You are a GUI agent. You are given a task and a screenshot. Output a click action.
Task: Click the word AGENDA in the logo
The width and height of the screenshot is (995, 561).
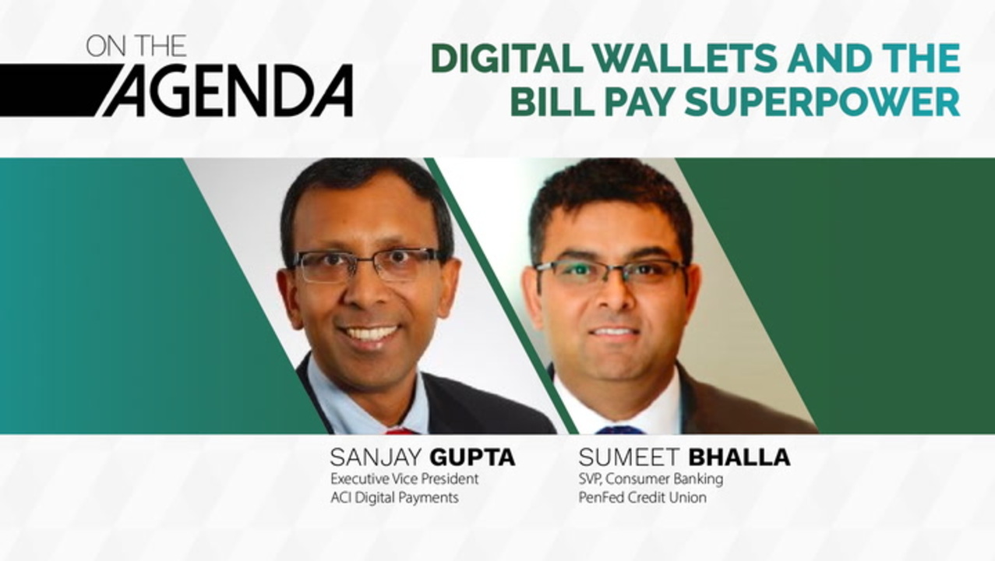(229, 90)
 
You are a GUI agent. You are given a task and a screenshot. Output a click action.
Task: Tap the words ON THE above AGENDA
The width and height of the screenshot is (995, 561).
(136, 46)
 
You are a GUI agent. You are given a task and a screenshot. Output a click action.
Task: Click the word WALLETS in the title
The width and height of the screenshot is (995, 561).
(685, 58)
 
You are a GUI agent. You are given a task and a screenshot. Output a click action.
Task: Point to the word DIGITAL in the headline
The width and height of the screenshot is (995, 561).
(506, 58)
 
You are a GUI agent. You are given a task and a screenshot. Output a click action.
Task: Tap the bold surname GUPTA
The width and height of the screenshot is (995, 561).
(472, 457)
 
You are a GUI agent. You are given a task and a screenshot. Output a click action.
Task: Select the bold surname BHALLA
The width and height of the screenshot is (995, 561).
(739, 457)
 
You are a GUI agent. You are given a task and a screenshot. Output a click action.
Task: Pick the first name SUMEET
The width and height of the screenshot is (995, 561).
(629, 457)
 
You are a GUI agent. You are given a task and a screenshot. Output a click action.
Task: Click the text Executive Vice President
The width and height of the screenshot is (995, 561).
(404, 479)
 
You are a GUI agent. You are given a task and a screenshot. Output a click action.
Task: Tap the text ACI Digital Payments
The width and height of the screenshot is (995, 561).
(394, 498)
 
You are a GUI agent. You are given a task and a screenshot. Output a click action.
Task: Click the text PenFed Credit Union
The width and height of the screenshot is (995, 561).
(642, 497)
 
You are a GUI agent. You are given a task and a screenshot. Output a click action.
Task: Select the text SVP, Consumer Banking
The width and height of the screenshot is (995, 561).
(651, 479)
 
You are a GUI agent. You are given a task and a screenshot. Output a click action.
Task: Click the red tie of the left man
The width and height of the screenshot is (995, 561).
(400, 431)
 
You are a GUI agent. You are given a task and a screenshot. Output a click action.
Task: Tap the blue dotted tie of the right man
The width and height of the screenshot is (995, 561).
(620, 430)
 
